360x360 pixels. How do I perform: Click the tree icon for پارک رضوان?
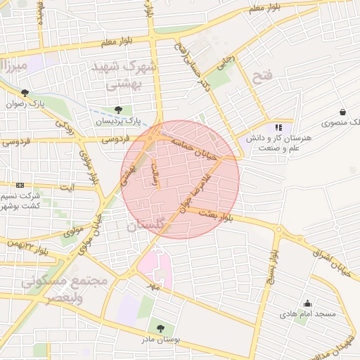point(25,93)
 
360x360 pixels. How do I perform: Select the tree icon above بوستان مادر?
point(160,328)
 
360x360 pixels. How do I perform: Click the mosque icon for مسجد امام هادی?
point(307,303)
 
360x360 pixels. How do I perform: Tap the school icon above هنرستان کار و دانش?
point(278,128)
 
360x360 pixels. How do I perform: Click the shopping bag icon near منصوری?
point(342,112)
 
